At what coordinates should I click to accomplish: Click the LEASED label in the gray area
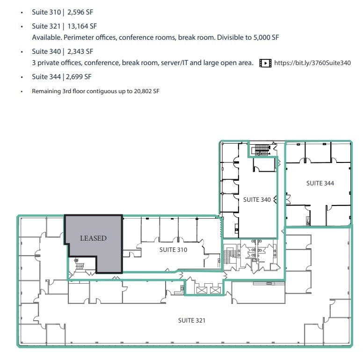click(93, 238)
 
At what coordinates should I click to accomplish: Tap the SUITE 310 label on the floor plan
click(173, 250)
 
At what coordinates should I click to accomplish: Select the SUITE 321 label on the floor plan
click(191, 320)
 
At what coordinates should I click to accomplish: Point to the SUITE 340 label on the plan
click(257, 200)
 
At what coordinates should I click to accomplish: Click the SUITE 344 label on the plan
click(320, 183)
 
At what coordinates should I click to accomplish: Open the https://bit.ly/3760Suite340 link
click(312, 63)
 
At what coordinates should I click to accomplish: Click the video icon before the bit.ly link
click(265, 63)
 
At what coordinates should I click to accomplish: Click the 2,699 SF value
click(81, 77)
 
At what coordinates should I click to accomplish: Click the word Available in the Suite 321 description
click(45, 37)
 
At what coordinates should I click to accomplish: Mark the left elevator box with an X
click(203, 290)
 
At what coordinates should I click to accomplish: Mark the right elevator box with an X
click(215, 290)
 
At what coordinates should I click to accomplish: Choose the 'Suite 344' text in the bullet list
click(46, 77)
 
